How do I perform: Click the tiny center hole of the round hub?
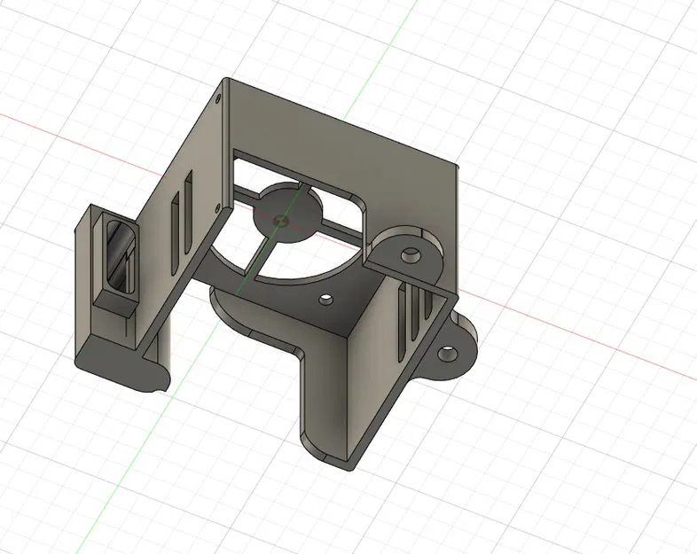pyautogui.click(x=282, y=216)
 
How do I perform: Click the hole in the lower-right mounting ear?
pyautogui.click(x=448, y=353)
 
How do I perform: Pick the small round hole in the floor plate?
pyautogui.click(x=327, y=300)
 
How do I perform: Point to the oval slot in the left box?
pyautogui.click(x=118, y=257)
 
